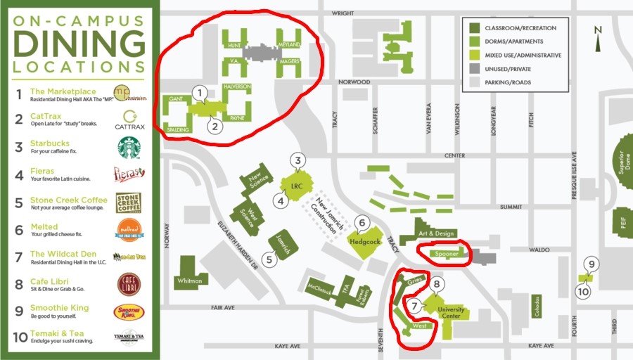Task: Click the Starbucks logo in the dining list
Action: point(129,148)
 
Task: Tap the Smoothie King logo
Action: point(129,311)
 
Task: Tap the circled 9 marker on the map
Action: point(592,265)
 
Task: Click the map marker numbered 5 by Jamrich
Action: point(269,259)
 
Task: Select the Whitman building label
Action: point(189,281)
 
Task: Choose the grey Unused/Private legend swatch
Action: point(474,69)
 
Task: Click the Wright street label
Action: point(343,13)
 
